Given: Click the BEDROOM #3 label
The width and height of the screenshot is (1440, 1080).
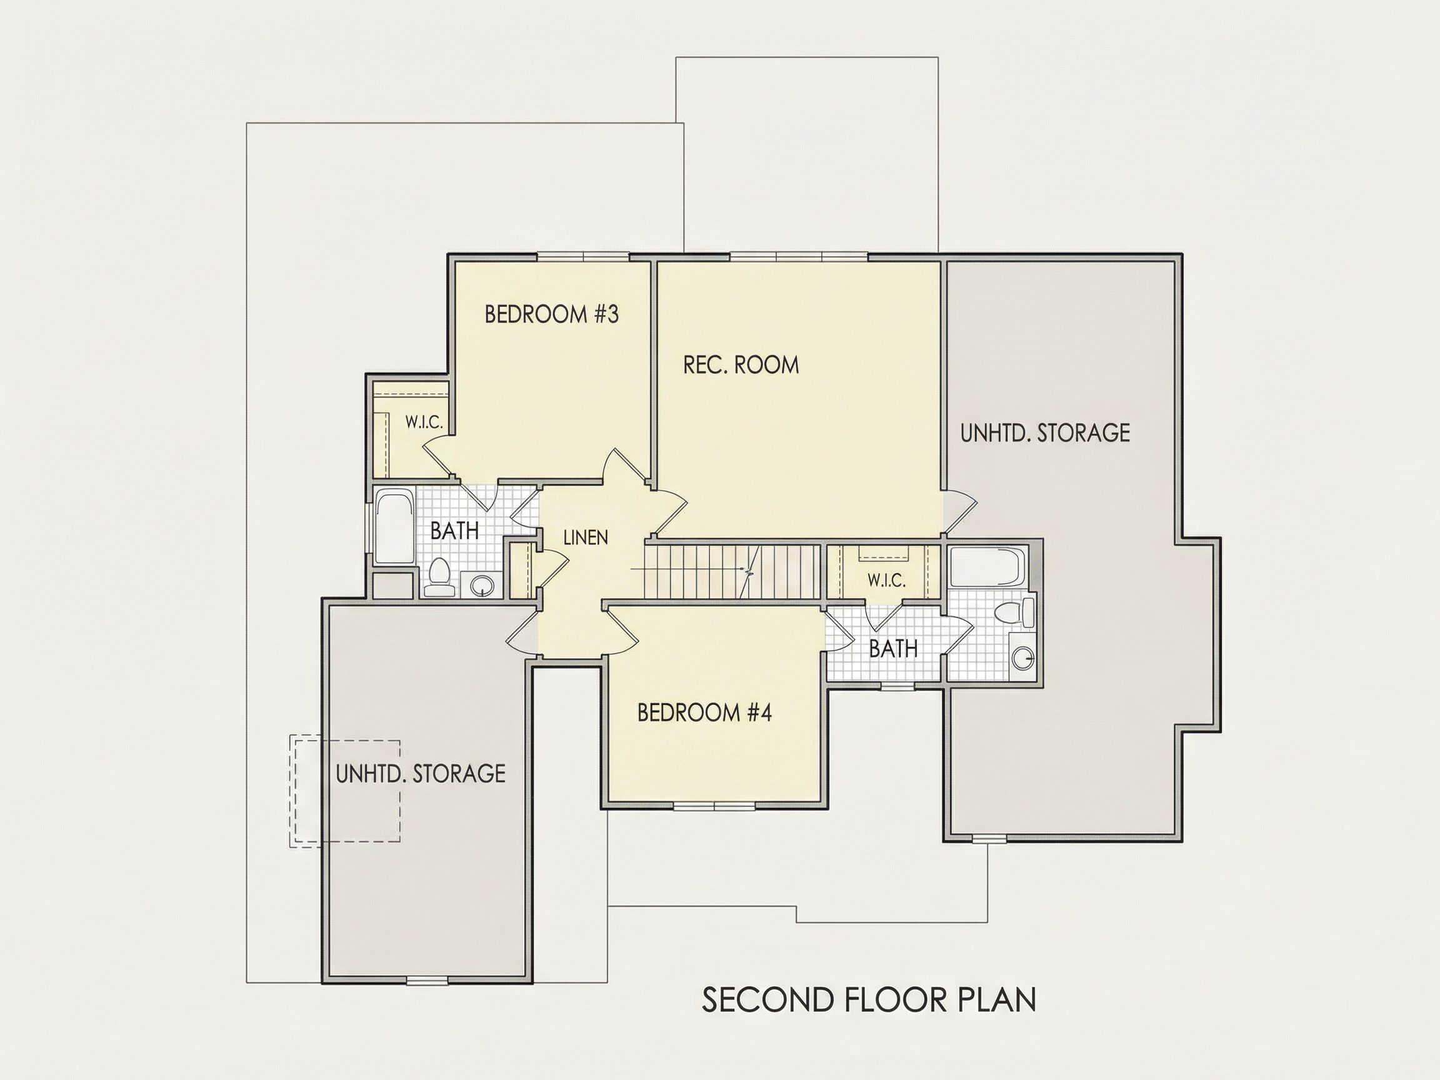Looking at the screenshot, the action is pyautogui.click(x=551, y=314).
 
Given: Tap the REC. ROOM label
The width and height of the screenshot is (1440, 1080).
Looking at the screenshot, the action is pyautogui.click(x=741, y=364).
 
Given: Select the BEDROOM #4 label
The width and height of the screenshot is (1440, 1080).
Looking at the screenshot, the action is pyautogui.click(x=704, y=713).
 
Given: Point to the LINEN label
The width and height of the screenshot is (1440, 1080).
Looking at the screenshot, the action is pyautogui.click(x=586, y=537).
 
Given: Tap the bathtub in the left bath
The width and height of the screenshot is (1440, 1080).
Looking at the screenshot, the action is pyautogui.click(x=394, y=527).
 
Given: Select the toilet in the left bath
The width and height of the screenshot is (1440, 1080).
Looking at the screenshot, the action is pyautogui.click(x=441, y=578).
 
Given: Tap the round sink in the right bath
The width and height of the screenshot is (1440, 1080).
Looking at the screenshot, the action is pyautogui.click(x=1022, y=658).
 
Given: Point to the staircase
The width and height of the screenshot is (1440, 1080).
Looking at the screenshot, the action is pyautogui.click(x=733, y=572).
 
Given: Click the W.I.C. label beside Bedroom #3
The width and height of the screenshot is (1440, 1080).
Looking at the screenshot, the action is pyautogui.click(x=424, y=422).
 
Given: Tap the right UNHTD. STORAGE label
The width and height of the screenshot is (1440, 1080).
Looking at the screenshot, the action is pyautogui.click(x=1045, y=433).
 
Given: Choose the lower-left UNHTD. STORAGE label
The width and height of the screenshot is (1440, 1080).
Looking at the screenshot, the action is pyautogui.click(x=421, y=773).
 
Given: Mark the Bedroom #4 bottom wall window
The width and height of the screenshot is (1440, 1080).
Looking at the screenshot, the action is pyautogui.click(x=714, y=806).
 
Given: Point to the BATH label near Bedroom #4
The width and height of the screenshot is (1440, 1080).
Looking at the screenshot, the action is pyautogui.click(x=893, y=648).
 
